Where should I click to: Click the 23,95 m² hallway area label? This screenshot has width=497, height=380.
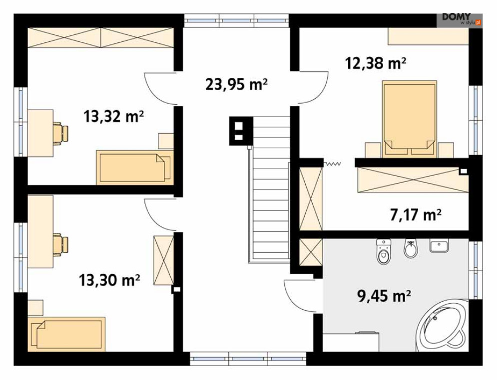pos(236,84)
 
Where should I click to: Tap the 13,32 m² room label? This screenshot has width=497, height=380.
pos(114,116)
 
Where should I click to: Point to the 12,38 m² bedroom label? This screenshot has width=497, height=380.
pos(376,63)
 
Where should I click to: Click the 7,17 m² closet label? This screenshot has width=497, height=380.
pos(416,215)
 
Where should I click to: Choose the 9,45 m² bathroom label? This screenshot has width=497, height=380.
pos(384,296)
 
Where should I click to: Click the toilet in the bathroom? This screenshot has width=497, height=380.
pos(384,251)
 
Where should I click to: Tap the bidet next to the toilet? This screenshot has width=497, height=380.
pos(411,249)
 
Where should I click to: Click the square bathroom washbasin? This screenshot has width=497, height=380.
pos(439,245)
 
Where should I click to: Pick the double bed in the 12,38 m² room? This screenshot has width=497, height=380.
pos(409,119)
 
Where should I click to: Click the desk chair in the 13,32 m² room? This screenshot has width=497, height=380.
pos(60,133)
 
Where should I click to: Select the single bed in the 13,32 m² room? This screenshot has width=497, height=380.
pos(135,168)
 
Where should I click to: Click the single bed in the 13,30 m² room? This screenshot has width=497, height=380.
pos(66,334)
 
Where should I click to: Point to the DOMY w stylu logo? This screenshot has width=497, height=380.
pos(460,19)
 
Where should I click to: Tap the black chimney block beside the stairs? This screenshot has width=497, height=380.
pos(241,131)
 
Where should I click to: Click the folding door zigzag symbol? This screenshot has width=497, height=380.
pos(332,164)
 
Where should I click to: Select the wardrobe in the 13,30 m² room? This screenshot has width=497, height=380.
pos(163,260)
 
